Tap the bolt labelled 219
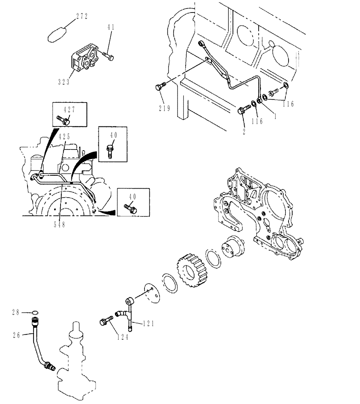161,86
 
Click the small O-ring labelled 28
35,312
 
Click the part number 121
148,323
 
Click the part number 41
111,27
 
